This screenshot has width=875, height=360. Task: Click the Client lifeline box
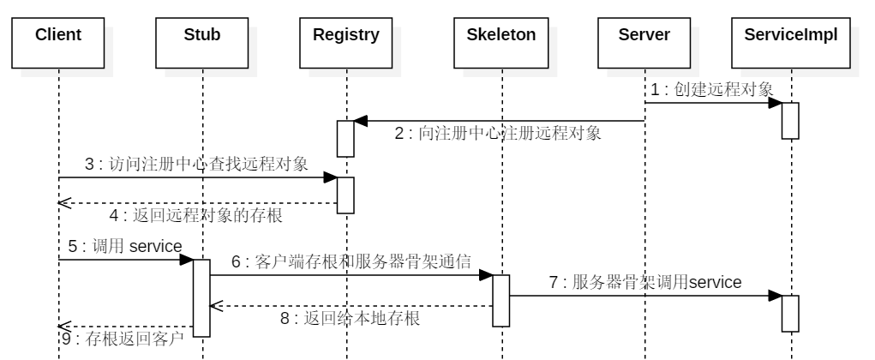click(59, 36)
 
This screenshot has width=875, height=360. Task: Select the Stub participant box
click(202, 36)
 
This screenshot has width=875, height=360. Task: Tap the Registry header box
click(346, 36)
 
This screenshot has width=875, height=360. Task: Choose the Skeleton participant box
click(501, 36)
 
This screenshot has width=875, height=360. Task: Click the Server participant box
click(644, 36)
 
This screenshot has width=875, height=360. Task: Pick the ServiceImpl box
click(790, 36)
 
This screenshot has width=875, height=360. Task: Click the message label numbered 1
click(712, 90)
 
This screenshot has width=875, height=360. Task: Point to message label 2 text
click(498, 133)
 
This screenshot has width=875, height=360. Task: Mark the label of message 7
click(645, 282)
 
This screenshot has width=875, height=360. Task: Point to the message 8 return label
click(350, 317)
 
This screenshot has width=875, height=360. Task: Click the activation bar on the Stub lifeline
click(201, 297)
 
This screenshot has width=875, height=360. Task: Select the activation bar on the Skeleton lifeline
click(501, 300)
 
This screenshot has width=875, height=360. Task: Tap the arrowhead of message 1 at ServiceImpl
click(775, 103)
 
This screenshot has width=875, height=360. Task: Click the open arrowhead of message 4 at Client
click(64, 203)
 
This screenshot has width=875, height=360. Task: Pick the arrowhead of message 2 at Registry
click(362, 121)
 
